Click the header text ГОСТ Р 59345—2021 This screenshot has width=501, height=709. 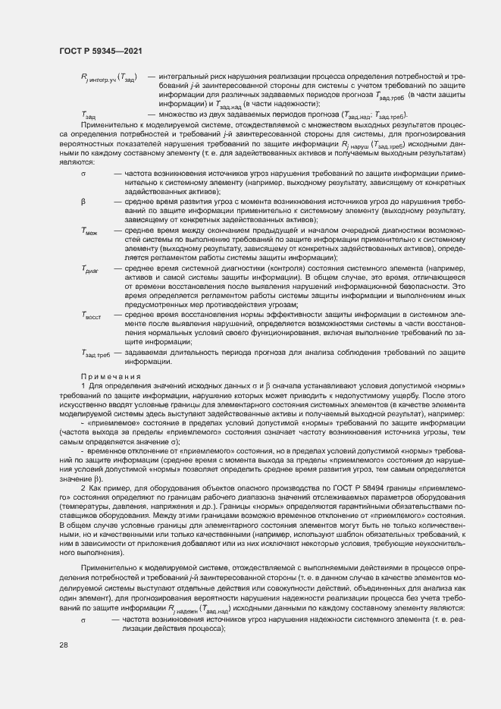click(x=101, y=51)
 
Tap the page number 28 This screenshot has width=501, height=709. click(x=63, y=645)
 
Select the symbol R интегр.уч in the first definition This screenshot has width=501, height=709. click(x=107, y=78)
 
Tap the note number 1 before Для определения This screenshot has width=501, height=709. click(x=83, y=387)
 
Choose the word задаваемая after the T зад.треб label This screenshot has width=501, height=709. click(x=148, y=353)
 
